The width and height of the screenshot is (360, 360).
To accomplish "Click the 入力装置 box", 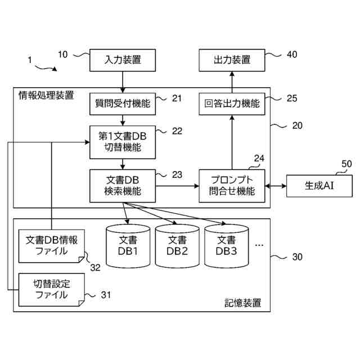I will (123, 59).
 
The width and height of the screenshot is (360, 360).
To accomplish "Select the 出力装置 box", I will (232, 59).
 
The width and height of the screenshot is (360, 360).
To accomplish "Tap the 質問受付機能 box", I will (123, 103).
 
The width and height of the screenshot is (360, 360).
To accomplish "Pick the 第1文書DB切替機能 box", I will (123, 141).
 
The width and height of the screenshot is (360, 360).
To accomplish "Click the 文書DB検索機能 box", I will (123, 185).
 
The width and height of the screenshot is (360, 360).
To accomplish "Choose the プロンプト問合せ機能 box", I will (232, 185).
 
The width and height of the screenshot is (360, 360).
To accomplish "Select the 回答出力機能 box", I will (232, 103).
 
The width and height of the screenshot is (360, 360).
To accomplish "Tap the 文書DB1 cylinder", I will (128, 246).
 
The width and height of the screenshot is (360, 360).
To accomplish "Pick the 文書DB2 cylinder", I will (177, 246).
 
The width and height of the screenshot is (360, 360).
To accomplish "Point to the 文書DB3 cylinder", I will (226, 246).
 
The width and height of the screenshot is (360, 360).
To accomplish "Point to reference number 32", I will (96, 268).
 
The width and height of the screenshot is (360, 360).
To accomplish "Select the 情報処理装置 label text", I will (46, 94).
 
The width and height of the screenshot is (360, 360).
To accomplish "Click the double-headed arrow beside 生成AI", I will (275, 185).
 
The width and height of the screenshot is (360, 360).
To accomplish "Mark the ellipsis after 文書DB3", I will (259, 246).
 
